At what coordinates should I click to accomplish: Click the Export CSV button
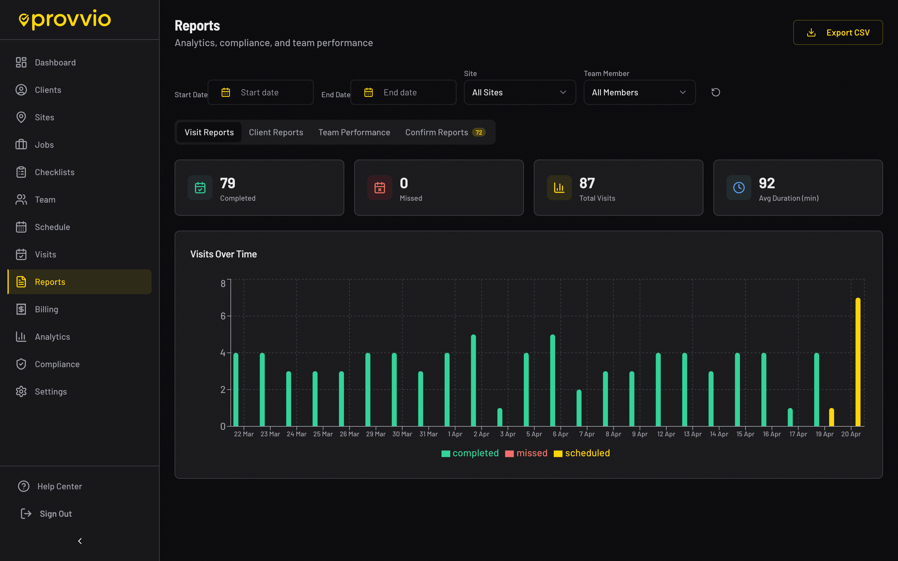point(838,33)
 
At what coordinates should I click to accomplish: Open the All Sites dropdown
point(519,92)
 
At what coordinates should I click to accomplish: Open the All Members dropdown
point(639,92)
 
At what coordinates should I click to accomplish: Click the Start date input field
point(260,92)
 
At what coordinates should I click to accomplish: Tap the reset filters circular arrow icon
point(715,92)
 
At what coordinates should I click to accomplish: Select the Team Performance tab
point(354,132)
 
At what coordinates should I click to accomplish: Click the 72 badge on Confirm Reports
point(479,132)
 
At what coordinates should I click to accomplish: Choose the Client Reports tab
point(276,132)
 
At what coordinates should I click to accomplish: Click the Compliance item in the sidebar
point(57,364)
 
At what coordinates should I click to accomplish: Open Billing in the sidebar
point(46,309)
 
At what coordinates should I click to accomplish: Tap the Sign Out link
point(56,514)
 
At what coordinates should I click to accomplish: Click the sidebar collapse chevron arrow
point(80,541)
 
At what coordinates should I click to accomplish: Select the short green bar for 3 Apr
point(500,417)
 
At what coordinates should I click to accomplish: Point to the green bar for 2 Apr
point(473,380)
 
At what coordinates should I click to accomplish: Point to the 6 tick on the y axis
point(223,316)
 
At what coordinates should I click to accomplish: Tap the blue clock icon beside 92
point(738,188)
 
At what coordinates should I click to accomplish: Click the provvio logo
point(65,19)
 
